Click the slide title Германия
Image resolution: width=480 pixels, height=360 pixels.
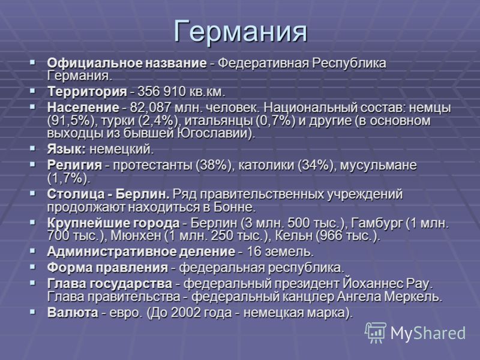241,31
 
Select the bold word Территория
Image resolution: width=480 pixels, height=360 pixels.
87,92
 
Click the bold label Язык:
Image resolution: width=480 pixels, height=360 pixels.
67,149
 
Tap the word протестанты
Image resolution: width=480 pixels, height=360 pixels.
154,166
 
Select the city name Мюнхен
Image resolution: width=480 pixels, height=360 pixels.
136,236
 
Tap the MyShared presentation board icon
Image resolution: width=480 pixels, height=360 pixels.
376,333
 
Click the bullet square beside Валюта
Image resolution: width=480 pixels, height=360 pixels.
32,311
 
